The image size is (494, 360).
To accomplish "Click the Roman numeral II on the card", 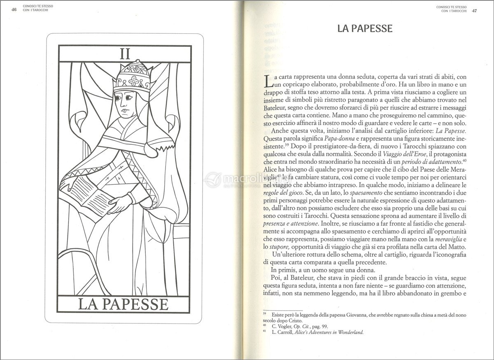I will click(x=125, y=55).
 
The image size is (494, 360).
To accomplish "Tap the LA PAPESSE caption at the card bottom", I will click(x=123, y=304).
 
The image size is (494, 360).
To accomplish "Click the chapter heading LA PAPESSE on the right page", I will click(x=364, y=29).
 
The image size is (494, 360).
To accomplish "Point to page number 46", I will click(x=14, y=10).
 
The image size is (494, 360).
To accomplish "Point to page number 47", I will click(x=474, y=10).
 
